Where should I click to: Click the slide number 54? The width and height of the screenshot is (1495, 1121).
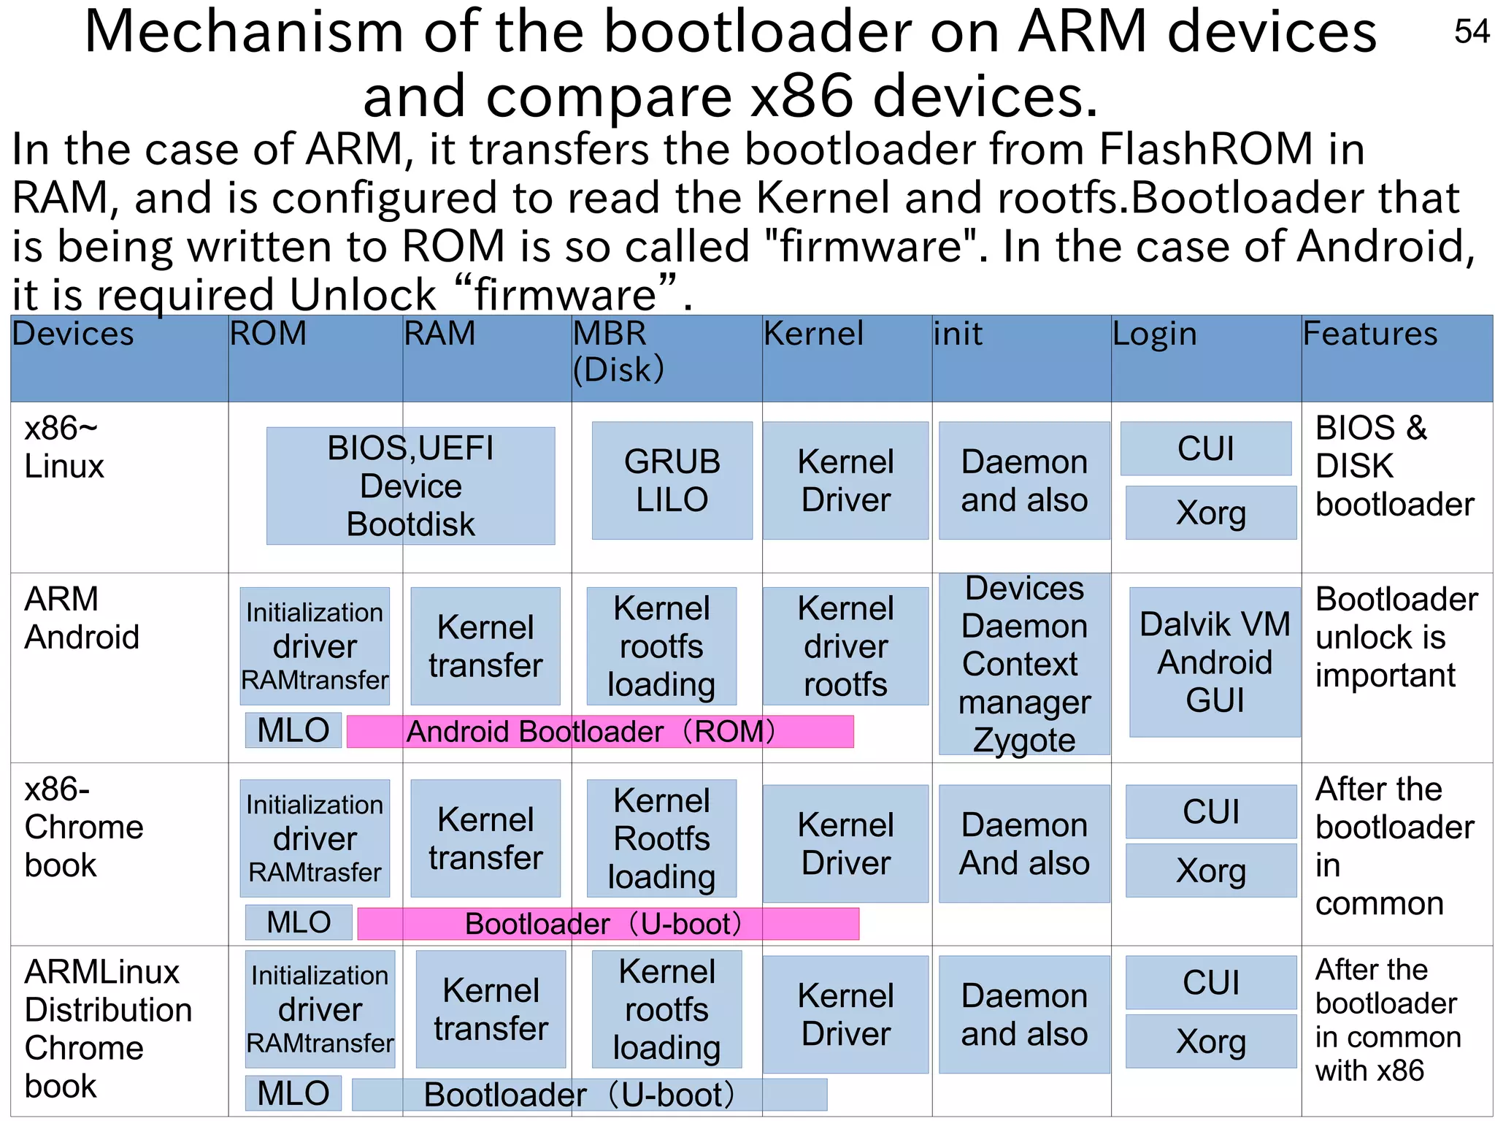(1471, 31)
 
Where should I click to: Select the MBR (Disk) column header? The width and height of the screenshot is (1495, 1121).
(619, 352)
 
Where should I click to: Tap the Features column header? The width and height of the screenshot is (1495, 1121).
(1369, 334)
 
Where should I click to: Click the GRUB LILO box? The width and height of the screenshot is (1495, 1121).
(672, 481)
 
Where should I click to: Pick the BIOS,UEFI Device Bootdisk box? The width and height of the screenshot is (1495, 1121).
(410, 486)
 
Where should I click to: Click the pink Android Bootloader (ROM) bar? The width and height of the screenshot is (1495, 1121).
(599, 732)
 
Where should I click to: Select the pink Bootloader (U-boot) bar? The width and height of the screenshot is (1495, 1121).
(607, 924)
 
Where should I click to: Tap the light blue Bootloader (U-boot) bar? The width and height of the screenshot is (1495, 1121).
(588, 1095)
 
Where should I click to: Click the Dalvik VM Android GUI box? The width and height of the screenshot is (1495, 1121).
(1214, 662)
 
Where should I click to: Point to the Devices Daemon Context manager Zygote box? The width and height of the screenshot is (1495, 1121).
(1023, 664)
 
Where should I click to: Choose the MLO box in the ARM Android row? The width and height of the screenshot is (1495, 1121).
(293, 730)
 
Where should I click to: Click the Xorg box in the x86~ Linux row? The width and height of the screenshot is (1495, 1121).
(1210, 513)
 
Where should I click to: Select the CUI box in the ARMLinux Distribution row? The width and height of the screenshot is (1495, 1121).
(1210, 982)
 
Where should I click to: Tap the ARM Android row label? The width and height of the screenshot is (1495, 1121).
(82, 618)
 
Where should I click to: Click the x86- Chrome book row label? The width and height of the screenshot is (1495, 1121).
(83, 827)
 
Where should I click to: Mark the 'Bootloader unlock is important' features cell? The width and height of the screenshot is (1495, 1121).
(1395, 637)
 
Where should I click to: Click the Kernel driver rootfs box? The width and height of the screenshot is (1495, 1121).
(845, 646)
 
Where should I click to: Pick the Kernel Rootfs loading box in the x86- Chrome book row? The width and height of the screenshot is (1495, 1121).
(661, 838)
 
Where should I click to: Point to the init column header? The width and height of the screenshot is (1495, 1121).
(958, 334)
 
